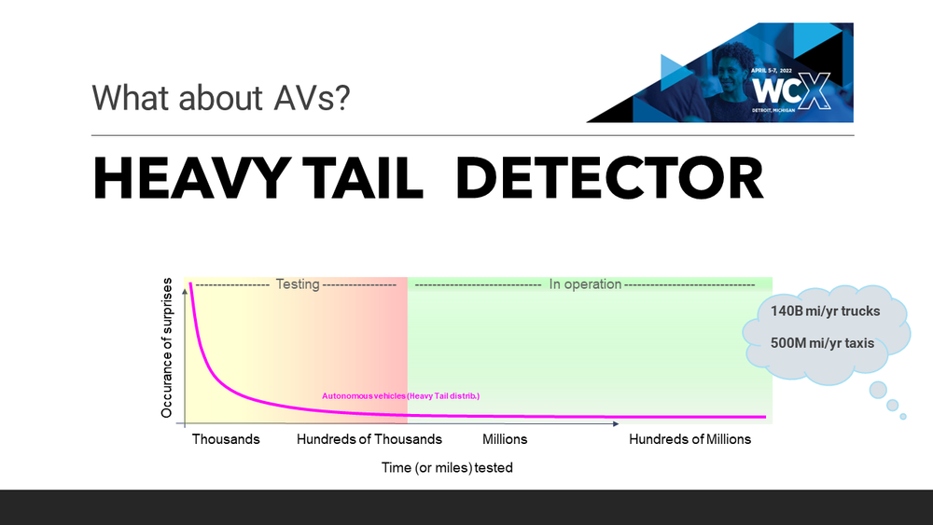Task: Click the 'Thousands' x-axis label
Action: tap(226, 439)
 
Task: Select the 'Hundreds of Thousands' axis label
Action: tap(369, 439)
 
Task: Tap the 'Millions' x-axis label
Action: tap(505, 439)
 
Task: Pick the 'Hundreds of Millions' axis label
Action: tap(689, 439)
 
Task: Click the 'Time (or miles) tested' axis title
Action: tap(447, 468)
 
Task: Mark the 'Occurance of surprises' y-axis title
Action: tap(168, 347)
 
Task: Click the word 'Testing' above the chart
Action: tap(297, 284)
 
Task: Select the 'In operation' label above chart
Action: tap(585, 284)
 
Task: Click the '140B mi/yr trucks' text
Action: tap(825, 311)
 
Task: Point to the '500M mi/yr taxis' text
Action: tap(823, 343)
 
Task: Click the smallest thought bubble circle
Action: tap(903, 416)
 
